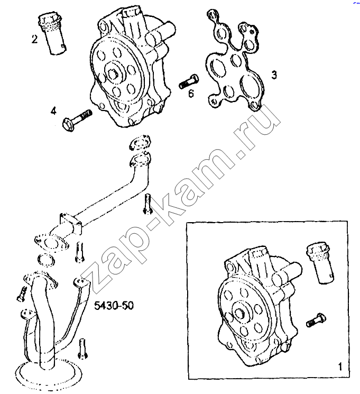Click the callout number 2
pos(35,39)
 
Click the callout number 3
pos(274,75)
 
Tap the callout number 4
pos(53,111)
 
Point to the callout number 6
pos(191,94)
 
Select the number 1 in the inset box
pos(340,367)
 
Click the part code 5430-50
pos(114,306)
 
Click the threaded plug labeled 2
pos(53,34)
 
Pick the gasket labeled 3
pos(235,60)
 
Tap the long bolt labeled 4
pos(77,120)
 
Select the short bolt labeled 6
pos(189,81)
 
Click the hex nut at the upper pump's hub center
pos(114,73)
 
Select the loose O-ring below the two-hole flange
pos(46,260)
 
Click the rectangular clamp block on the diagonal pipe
pos(71,223)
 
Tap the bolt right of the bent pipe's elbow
pos(147,204)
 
